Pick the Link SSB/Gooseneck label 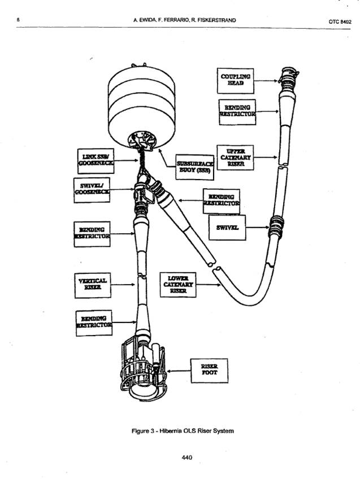96,160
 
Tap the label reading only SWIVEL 229,227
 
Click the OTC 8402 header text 340,21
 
